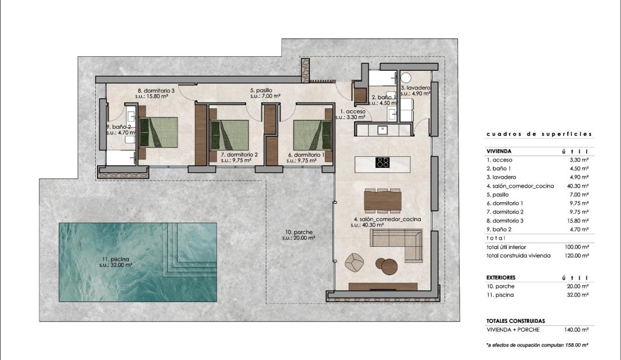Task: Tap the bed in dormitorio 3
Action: click(x=158, y=132)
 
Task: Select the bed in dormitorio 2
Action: click(x=229, y=134)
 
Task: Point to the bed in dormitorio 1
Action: click(x=312, y=134)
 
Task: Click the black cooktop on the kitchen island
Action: click(x=382, y=163)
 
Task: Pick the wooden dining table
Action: click(x=382, y=201)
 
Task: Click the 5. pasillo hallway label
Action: click(x=262, y=91)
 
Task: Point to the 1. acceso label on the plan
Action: click(x=352, y=111)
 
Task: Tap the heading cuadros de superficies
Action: click(x=539, y=134)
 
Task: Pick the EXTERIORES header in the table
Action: click(x=501, y=278)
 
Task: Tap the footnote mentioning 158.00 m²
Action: click(x=537, y=345)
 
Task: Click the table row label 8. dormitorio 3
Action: click(x=507, y=221)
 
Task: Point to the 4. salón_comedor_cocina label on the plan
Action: click(x=387, y=219)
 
